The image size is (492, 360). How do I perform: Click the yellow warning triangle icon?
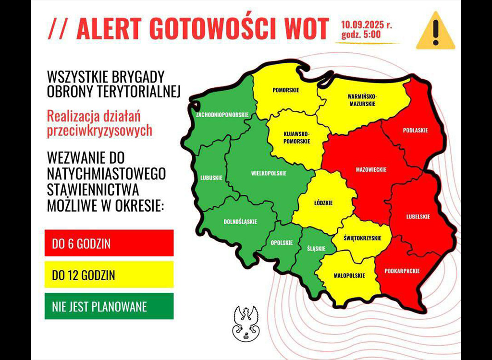point(435,32)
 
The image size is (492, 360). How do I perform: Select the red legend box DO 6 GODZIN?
point(109,243)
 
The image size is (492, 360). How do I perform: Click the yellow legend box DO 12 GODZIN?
point(109,275)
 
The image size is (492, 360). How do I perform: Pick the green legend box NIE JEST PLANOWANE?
point(109,306)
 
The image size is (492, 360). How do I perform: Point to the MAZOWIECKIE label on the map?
point(371,169)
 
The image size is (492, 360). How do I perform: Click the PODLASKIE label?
point(415,130)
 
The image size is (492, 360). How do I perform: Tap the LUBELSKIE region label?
point(418,216)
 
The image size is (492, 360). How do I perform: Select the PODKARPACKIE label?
point(402,271)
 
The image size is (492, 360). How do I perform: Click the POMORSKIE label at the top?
point(286,90)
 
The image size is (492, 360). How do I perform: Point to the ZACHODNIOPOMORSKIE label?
point(222,115)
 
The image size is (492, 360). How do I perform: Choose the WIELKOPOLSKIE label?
point(269,173)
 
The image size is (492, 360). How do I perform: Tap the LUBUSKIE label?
point(211,178)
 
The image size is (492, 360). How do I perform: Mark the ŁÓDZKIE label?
point(323,203)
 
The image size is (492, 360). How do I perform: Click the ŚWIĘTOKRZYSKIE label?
point(363,238)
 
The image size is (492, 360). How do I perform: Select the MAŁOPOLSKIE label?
point(349,276)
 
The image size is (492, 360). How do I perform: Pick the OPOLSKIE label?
point(282,243)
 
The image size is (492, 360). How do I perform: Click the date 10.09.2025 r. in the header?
point(366,25)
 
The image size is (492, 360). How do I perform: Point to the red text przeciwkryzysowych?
point(99,131)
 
